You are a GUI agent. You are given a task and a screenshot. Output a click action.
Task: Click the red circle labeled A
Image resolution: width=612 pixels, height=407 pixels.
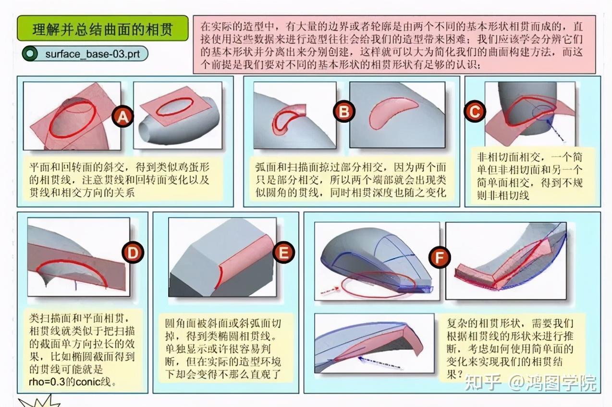click(x=123, y=116)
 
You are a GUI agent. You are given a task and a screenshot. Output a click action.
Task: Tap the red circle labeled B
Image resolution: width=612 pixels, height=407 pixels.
click(x=344, y=112)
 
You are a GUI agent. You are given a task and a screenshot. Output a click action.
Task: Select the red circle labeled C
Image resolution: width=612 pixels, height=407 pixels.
click(x=474, y=112)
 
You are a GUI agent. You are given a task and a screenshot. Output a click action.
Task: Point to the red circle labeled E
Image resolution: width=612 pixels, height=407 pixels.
click(x=284, y=252)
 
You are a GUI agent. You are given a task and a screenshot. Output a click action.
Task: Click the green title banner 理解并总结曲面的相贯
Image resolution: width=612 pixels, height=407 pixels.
click(x=103, y=29)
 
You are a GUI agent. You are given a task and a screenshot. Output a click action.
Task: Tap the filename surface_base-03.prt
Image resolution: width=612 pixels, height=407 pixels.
click(x=92, y=54)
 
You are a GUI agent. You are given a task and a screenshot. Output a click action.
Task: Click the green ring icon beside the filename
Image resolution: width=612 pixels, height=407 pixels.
click(x=31, y=54)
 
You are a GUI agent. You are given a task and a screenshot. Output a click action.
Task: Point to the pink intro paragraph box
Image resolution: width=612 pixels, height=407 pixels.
click(x=394, y=44)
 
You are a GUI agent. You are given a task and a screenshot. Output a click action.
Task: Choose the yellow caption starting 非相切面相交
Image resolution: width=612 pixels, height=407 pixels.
click(x=529, y=176)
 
